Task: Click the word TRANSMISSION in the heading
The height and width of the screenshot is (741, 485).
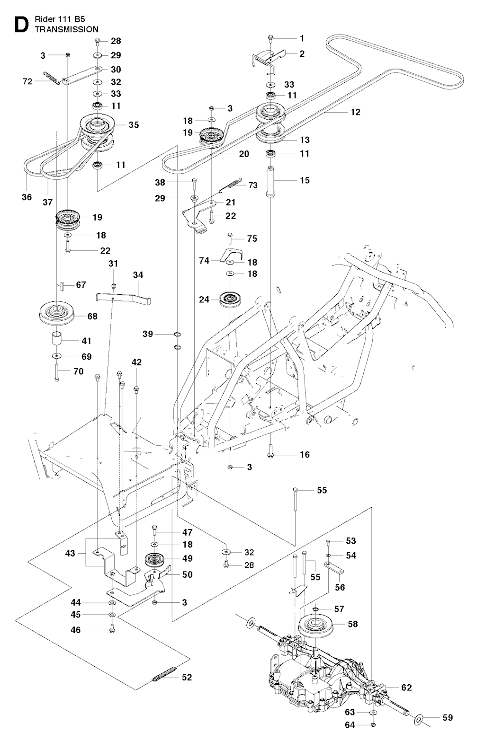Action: tap(66, 29)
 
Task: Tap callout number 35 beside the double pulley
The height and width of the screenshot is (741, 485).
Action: tap(134, 125)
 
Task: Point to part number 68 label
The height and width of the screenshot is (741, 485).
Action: tap(92, 316)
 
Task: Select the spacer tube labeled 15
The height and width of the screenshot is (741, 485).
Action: tap(271, 180)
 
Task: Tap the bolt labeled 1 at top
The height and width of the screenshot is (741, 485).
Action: tap(270, 37)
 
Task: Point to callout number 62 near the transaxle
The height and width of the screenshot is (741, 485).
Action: tap(406, 687)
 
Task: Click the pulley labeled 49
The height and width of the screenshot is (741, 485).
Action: tap(154, 559)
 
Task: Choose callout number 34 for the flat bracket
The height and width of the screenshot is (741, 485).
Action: tap(138, 275)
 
